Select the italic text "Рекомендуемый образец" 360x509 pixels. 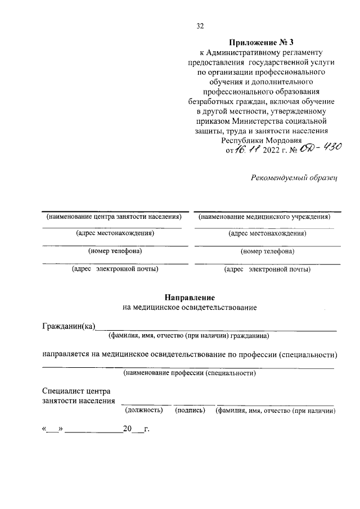click(x=293, y=178)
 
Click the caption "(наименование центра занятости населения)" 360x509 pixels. click(x=114, y=217)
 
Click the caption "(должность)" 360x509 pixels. click(x=143, y=411)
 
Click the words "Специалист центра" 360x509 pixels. click(x=76, y=391)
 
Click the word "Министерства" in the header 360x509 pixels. click(x=263, y=121)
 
